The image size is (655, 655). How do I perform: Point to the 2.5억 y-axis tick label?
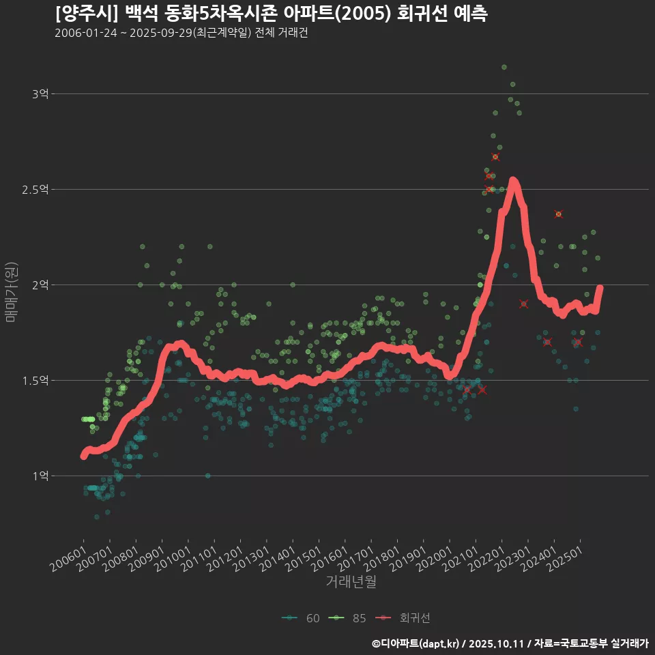pyautogui.click(x=35, y=190)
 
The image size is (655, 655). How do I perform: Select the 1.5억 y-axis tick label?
pyautogui.click(x=35, y=381)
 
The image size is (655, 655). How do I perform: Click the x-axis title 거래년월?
pyautogui.click(x=351, y=582)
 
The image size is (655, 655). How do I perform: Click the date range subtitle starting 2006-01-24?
pyautogui.click(x=181, y=33)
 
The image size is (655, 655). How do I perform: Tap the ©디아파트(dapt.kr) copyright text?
pyautogui.click(x=416, y=643)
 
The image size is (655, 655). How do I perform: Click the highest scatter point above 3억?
pyautogui.click(x=504, y=67)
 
